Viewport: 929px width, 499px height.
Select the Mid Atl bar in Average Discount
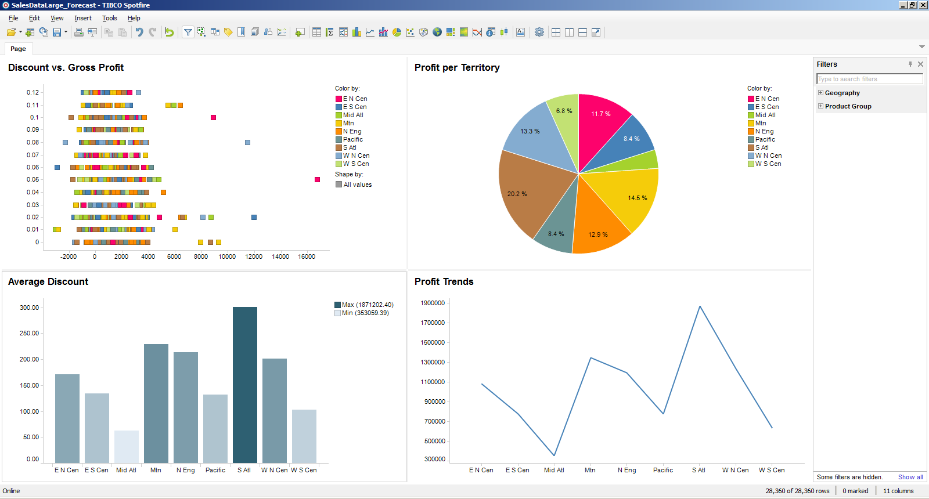point(126,446)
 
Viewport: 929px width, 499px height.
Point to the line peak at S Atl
point(700,306)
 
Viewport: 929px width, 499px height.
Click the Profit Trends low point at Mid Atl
point(554,455)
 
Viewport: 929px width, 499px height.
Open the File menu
point(13,18)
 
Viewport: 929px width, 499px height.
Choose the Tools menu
point(109,18)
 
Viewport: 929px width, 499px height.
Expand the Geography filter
point(820,93)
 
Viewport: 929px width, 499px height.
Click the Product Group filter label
point(848,106)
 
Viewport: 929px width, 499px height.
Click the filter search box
point(869,79)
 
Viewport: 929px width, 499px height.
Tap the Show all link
point(910,477)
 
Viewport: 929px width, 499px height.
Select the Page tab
point(18,49)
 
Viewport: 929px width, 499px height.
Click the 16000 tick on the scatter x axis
point(306,256)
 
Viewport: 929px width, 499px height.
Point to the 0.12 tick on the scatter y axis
point(33,92)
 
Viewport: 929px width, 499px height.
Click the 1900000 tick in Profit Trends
point(432,303)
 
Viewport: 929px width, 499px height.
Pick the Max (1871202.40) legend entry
point(367,305)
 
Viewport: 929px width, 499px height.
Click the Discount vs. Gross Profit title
point(66,67)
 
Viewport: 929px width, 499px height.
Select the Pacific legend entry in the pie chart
point(765,139)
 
